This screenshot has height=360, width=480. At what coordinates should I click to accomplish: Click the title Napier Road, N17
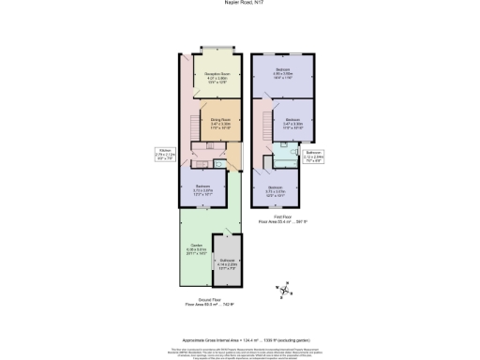(239, 3)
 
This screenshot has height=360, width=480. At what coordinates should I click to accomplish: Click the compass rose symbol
(283, 293)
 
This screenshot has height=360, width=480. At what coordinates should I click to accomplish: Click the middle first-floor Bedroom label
(292, 122)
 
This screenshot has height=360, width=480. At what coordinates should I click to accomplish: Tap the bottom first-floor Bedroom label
(276, 189)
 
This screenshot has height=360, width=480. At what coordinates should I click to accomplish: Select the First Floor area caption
(276, 221)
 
